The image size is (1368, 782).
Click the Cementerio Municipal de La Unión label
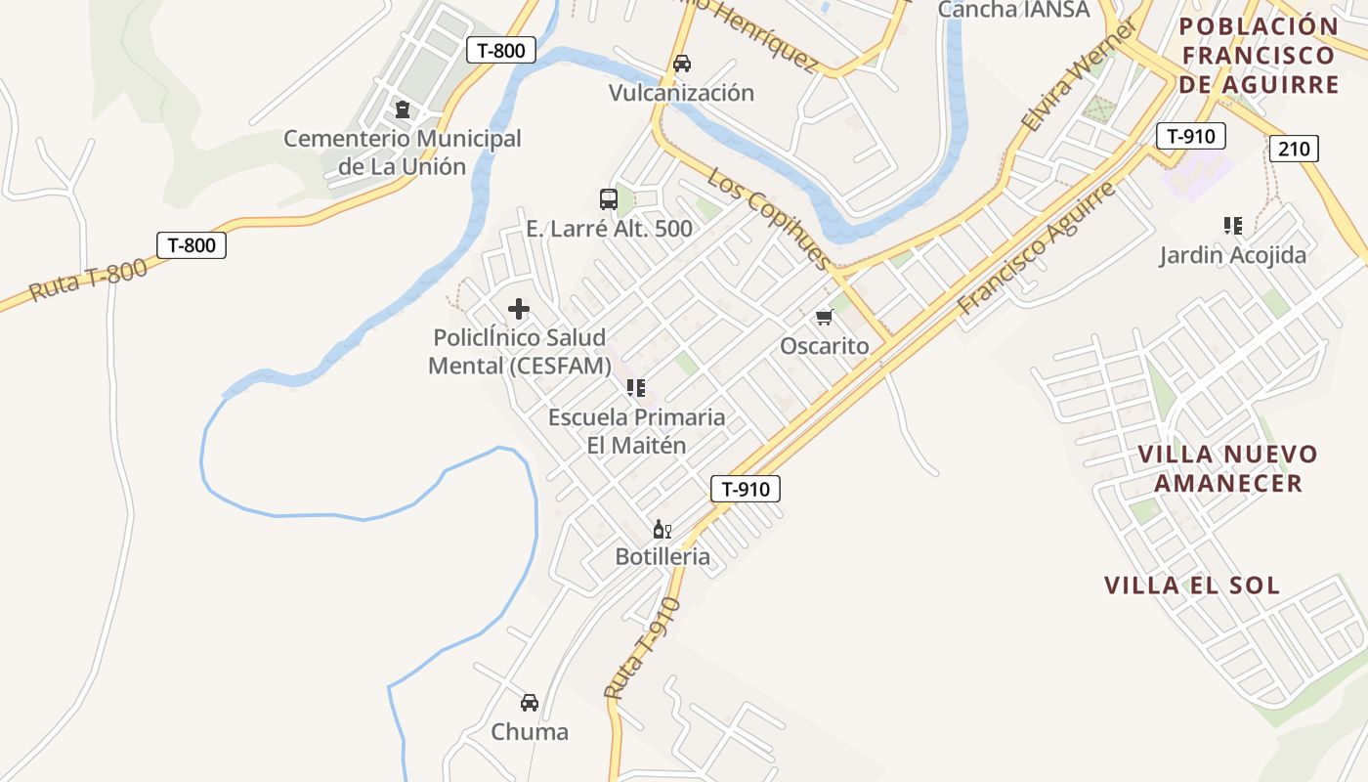tap(403, 152)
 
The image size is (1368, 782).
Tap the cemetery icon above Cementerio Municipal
tap(402, 109)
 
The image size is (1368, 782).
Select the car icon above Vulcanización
tap(682, 64)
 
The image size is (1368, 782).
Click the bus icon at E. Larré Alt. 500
tap(609, 199)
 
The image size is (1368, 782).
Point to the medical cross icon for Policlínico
tap(519, 310)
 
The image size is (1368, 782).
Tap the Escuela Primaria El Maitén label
tap(636, 431)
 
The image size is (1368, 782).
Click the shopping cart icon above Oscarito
tap(824, 317)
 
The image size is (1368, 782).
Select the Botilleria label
tap(663, 557)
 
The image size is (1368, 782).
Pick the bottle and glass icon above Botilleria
tap(662, 530)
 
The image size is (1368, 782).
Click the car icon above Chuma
tap(530, 702)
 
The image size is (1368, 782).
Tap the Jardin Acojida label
tap(1232, 256)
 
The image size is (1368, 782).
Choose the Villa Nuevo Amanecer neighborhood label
tap(1228, 468)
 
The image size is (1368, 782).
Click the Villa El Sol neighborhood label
tap(1192, 586)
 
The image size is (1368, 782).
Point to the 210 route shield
tap(1295, 149)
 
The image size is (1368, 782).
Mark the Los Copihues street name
tap(768, 220)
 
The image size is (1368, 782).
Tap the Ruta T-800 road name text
tap(87, 280)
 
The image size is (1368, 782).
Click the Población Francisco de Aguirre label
tap(1259, 56)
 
